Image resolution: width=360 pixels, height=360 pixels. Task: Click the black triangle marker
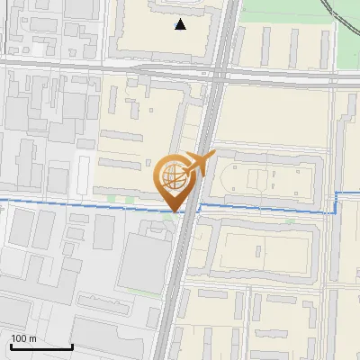181,24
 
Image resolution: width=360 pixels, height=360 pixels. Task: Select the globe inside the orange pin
174,176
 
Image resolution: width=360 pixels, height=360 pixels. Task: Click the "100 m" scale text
24,338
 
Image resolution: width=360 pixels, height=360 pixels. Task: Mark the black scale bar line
41,346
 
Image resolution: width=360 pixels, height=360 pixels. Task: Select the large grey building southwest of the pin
144,261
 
